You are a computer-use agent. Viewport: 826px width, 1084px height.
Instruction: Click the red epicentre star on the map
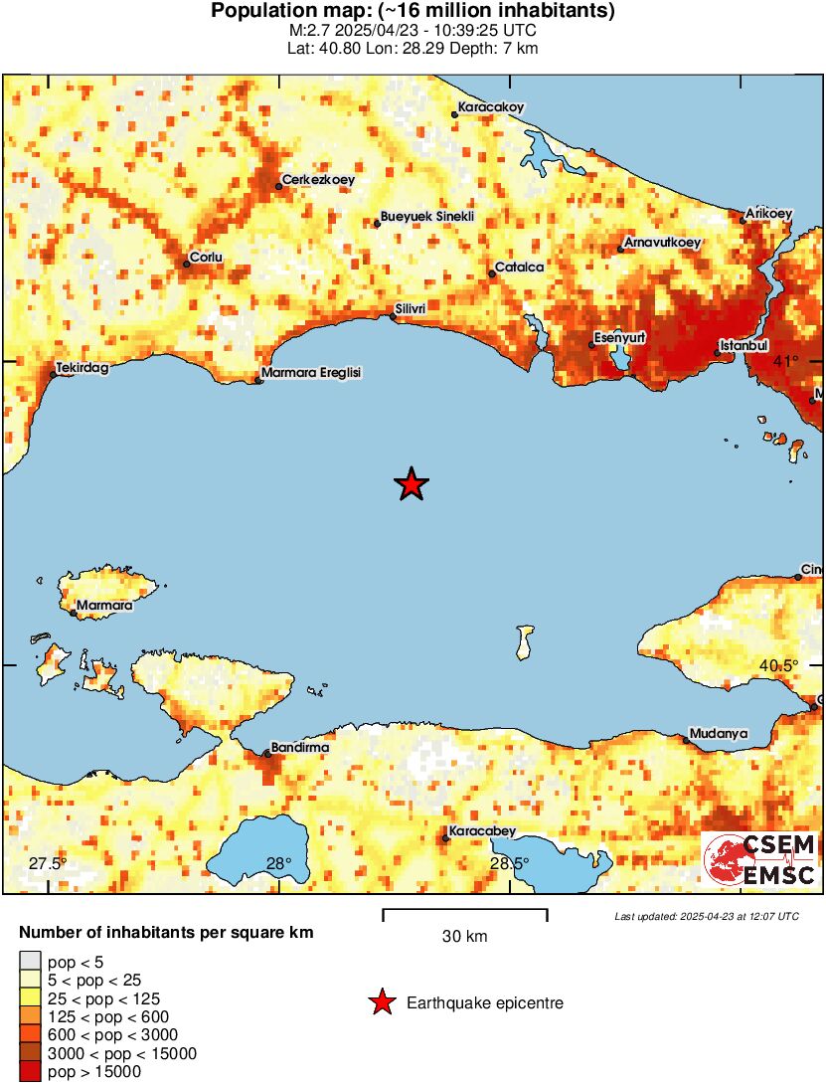point(412,484)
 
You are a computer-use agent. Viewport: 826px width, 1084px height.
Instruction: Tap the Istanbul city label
point(744,345)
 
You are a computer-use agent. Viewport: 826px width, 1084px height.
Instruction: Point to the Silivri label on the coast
point(411,309)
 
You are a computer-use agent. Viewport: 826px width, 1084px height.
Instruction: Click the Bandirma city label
point(300,747)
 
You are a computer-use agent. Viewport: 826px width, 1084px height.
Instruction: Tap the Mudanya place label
point(719,733)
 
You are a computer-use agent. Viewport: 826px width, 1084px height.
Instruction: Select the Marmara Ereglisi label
point(311,373)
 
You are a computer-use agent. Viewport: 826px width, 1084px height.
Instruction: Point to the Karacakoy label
point(490,107)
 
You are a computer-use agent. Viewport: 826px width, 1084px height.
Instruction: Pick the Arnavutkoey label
point(662,242)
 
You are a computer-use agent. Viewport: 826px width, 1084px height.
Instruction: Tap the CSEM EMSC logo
point(760,860)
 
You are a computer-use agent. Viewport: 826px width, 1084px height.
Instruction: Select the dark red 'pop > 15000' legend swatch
point(30,1071)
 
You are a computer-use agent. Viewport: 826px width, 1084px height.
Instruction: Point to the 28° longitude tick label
point(278,863)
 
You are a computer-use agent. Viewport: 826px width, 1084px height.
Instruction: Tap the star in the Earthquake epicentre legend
point(382,1003)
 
